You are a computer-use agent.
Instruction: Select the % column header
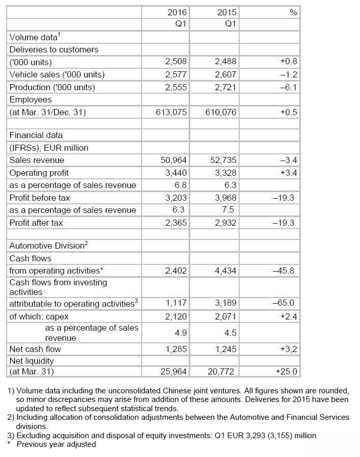(293, 12)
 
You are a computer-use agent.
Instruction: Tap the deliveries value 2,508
(176, 62)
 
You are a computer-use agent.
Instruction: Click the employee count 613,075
(171, 112)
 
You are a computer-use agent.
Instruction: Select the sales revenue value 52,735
(223, 160)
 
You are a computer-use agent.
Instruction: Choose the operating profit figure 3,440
(176, 173)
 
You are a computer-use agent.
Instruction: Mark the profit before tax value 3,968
(225, 198)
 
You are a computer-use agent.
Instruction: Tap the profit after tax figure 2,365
(176, 223)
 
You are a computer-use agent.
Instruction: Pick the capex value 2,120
(176, 316)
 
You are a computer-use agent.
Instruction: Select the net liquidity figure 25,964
(173, 372)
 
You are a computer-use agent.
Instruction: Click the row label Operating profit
(39, 173)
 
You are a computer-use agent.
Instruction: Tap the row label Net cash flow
(35, 349)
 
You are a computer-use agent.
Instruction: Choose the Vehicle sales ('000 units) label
(57, 74)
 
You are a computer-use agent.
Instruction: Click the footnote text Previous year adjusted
(56, 444)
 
